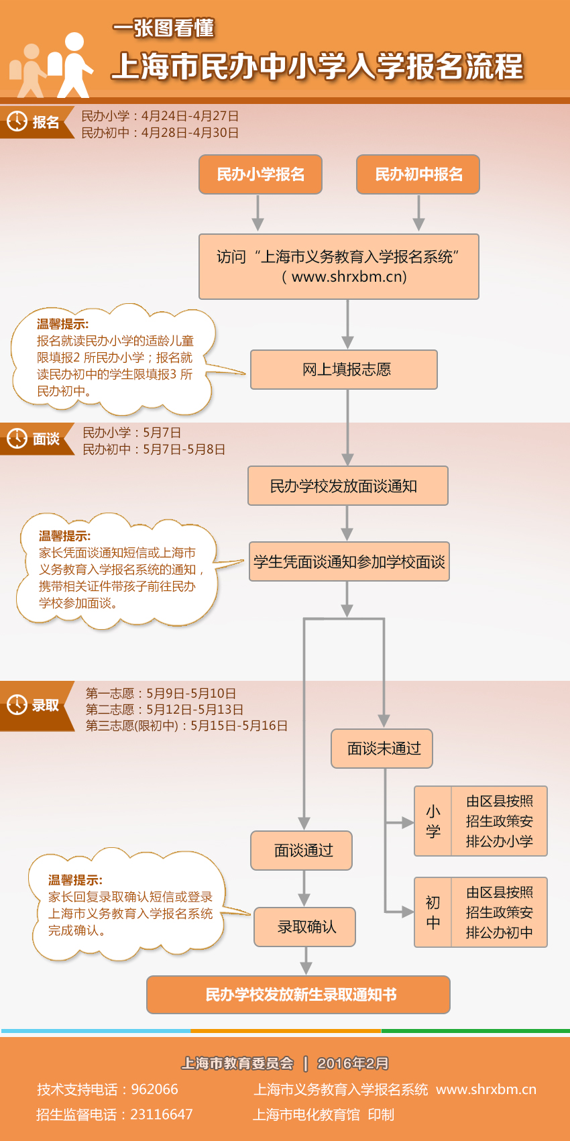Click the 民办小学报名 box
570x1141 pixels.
260,174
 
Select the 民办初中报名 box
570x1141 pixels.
418,174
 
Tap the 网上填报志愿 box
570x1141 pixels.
344,370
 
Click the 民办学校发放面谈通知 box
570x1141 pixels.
347,486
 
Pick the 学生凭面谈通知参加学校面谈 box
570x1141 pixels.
349,561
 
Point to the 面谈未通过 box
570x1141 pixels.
382,749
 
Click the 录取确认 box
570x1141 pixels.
305,927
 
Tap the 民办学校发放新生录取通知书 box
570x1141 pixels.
298,995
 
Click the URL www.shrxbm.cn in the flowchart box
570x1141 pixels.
349,276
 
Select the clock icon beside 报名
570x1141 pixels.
17,121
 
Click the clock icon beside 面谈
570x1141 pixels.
17,439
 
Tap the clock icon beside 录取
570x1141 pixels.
17,705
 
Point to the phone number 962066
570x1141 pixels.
155,1089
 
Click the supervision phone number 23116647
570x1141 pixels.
162,1114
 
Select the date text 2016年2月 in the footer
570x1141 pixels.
353,1063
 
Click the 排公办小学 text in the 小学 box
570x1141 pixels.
500,841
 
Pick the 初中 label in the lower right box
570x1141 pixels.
433,912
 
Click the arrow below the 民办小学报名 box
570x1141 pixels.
258,213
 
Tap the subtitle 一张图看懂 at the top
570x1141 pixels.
163,28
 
